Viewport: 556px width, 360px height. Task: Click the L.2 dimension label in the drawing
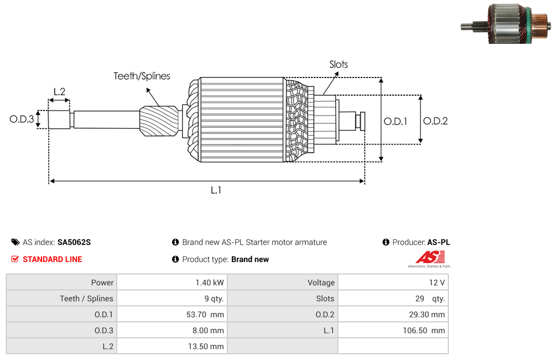tap(59, 92)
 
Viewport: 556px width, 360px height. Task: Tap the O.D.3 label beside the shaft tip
tap(22, 119)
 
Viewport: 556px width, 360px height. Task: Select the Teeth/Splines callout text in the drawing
tap(142, 76)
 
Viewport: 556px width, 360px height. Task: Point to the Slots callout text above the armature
tap(338, 64)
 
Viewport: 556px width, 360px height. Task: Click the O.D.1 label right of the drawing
tap(395, 122)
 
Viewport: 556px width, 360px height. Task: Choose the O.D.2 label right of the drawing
tap(435, 121)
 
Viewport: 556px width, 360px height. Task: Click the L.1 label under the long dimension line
tap(216, 190)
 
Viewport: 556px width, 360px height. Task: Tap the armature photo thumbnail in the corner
tap(506, 24)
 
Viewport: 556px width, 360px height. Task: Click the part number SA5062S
tap(74, 242)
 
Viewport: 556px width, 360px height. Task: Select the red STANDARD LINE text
tap(52, 259)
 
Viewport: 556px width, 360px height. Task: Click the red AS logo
tap(430, 257)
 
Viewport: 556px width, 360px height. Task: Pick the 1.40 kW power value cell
tap(172, 283)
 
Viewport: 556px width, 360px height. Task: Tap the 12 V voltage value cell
tap(393, 283)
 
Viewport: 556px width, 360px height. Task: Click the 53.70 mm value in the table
tap(205, 314)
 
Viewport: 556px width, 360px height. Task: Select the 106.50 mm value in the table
tap(424, 330)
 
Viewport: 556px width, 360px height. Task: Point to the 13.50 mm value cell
tap(172, 346)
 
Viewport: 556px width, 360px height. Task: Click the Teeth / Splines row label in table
tap(87, 298)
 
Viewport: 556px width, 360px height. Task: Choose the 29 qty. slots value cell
tap(393, 298)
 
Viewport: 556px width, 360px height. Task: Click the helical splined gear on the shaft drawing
tap(159, 121)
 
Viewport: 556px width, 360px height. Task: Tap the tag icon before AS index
tap(15, 242)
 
